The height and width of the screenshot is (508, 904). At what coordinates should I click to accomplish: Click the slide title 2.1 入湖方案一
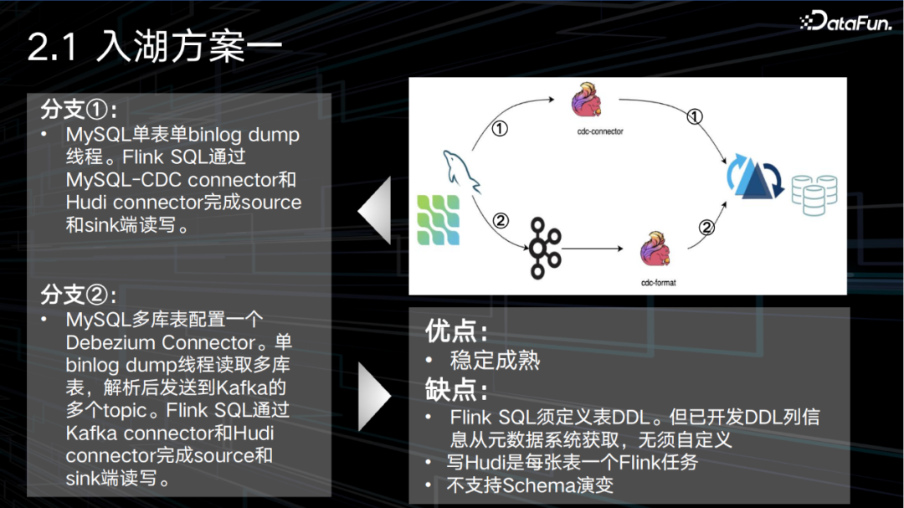153,47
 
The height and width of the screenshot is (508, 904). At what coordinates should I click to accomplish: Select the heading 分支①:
79,110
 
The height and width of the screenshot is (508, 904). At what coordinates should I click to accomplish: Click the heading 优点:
456,331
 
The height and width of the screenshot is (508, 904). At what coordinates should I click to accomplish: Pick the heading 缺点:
456,389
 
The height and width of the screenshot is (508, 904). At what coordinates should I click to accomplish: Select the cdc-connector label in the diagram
601,131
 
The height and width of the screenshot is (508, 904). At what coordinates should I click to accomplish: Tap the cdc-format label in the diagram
658,283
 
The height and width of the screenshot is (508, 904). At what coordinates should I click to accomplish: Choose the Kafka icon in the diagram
547,249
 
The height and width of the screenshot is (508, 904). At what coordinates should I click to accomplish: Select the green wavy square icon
438,219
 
